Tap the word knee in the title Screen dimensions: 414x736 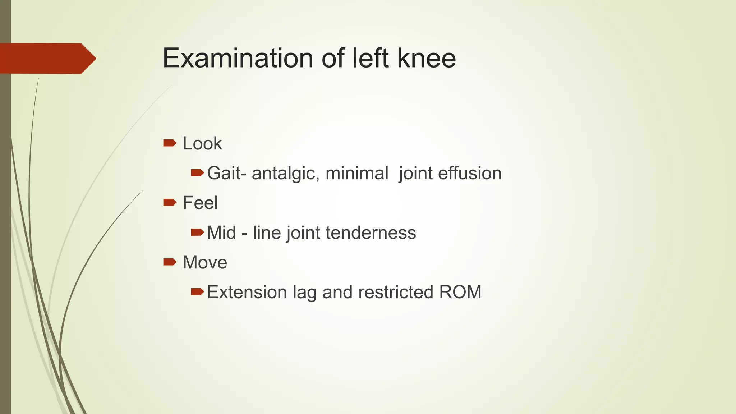[427, 58]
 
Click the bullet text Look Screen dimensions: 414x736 [202, 144]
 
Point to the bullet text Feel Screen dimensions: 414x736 [200, 203]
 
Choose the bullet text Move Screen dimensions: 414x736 [205, 263]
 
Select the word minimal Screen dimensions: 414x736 [357, 173]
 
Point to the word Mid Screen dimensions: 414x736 [221, 233]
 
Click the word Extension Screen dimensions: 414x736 [247, 292]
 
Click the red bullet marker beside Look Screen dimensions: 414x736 [170, 143]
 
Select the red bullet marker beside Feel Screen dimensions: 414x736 [170, 203]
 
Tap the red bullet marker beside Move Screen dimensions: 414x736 [170, 262]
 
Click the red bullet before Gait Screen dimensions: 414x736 [197, 173]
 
